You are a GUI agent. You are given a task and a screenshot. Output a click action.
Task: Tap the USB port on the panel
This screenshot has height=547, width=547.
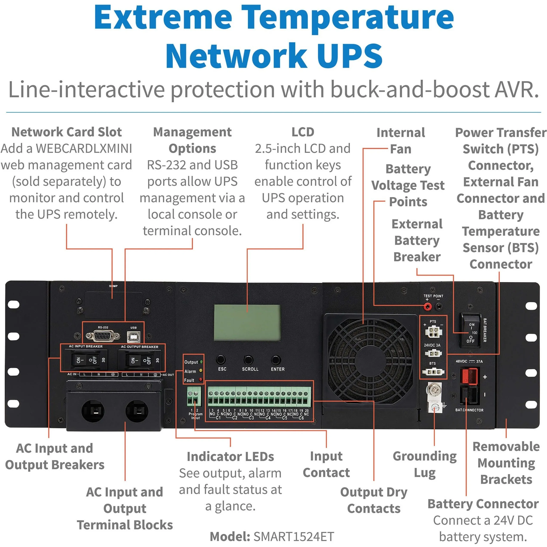click(x=133, y=337)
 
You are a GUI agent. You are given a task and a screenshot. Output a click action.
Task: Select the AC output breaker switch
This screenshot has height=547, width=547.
click(x=140, y=360)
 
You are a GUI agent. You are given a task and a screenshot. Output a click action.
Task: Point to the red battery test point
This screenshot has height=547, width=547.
click(x=427, y=306)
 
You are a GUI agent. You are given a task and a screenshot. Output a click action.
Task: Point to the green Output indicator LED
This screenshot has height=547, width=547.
click(x=201, y=362)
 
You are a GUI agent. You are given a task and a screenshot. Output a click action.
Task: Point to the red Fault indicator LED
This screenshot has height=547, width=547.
click(x=201, y=380)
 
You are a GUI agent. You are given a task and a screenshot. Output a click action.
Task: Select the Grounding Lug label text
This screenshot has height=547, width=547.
click(x=424, y=464)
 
